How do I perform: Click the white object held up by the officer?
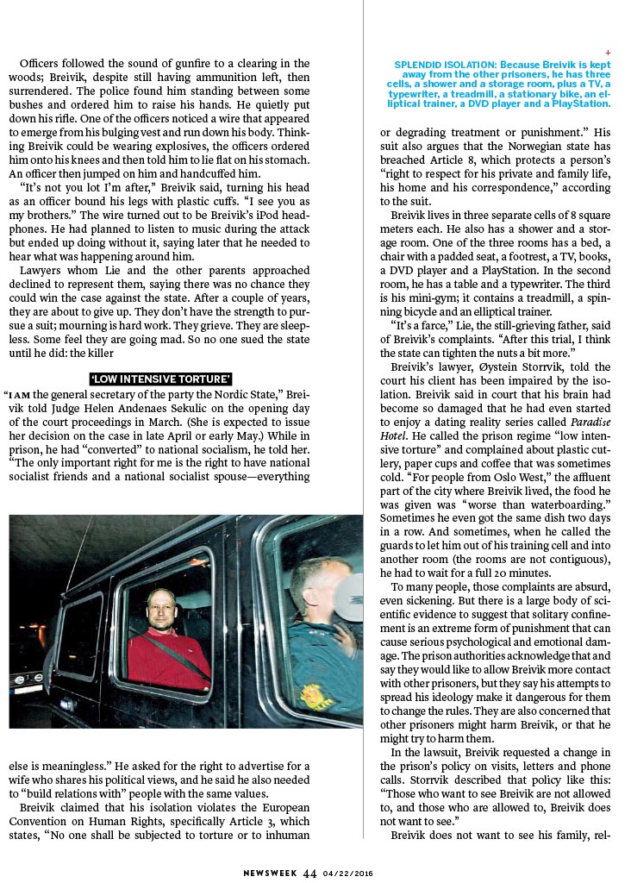point(349,596)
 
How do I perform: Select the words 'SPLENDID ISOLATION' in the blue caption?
point(431,65)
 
